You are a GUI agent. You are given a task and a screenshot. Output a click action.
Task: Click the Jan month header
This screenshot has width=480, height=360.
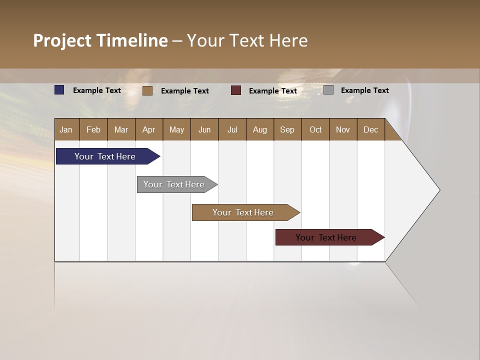(66, 129)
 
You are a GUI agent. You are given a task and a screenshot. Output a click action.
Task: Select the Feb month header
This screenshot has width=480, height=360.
(93, 129)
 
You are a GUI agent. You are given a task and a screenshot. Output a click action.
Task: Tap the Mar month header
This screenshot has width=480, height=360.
(121, 129)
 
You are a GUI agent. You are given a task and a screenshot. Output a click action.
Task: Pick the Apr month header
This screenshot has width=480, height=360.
(149, 129)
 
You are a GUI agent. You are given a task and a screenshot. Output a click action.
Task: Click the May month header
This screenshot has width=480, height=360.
(176, 129)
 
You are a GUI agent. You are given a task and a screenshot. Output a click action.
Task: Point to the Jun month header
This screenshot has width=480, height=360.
(204, 129)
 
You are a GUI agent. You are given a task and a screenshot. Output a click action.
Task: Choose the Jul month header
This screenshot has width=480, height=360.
(232, 129)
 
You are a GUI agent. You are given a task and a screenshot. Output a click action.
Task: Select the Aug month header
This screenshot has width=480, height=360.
(260, 129)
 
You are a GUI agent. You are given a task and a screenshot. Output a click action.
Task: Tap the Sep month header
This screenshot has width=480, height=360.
(287, 129)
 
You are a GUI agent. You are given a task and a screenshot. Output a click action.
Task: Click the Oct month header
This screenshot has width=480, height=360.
(315, 129)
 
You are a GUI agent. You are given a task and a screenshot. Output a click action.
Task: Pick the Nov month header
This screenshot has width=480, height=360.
(343, 129)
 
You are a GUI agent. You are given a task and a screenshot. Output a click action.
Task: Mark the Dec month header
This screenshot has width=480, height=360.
(371, 129)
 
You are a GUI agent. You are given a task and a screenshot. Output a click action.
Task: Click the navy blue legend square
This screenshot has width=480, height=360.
(59, 90)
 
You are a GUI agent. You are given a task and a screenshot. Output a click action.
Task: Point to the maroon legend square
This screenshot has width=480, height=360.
(236, 90)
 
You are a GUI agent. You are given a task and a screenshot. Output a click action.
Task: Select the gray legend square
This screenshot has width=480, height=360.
(328, 90)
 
